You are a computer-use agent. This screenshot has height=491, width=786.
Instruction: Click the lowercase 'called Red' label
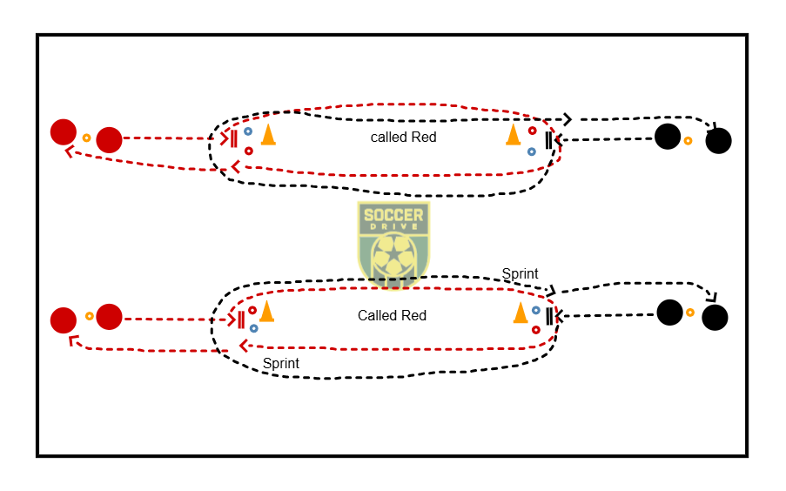point(404,137)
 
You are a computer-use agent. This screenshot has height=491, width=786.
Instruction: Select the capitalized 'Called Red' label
point(392,315)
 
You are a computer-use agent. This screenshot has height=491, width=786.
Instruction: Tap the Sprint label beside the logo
point(520,274)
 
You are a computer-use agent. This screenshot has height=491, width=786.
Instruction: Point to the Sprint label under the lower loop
point(280,363)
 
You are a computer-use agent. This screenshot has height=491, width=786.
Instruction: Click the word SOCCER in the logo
point(393,215)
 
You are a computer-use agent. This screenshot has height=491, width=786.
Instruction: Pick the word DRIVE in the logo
point(393,226)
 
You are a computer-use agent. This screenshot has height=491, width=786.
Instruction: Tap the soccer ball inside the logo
point(394,256)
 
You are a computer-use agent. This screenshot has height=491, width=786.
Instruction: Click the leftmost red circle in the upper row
point(64,132)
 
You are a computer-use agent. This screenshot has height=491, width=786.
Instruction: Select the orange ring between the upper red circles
point(86,138)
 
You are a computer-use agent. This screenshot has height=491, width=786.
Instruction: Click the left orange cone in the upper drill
point(269,134)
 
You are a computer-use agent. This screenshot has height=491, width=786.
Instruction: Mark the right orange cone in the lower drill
point(521,313)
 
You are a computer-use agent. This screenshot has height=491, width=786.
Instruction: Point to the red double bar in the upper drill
point(233,138)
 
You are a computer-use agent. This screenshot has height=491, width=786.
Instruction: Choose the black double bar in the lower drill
point(549,317)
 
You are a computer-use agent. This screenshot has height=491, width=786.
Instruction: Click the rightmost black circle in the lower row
point(715,318)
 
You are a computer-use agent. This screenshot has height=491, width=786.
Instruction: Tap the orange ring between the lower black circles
point(690,313)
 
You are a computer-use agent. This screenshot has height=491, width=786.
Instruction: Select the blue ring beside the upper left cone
point(247,131)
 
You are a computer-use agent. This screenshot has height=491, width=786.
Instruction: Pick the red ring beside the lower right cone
point(536,330)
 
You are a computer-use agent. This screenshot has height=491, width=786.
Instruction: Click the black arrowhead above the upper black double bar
point(568,119)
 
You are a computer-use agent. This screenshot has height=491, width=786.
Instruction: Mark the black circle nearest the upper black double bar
point(668,137)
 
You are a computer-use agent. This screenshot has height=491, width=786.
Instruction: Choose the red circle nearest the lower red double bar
point(110,317)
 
